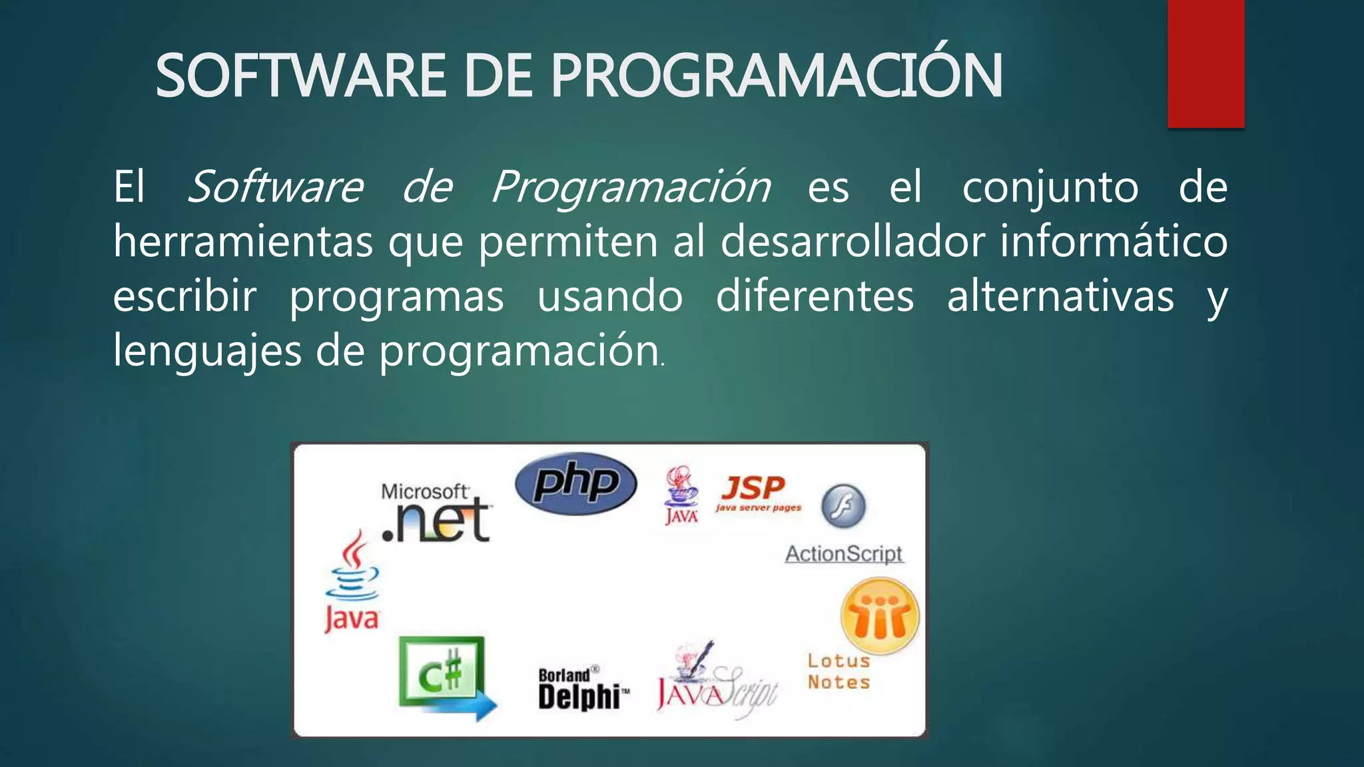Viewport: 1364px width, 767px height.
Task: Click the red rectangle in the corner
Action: [x=1205, y=63]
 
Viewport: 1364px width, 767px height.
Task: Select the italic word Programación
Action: [x=631, y=187]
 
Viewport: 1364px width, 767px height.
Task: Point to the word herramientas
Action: [x=242, y=241]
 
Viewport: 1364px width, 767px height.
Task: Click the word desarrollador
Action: [x=852, y=241]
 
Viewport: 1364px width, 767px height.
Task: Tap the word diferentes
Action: [x=815, y=296]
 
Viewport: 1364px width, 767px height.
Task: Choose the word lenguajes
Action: [x=206, y=351]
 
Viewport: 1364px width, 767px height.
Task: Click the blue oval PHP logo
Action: [x=576, y=483]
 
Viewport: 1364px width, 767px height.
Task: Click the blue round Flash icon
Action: [x=843, y=506]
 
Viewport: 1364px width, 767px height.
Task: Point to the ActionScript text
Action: [x=844, y=553]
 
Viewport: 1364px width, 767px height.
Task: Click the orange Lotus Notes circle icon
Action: [x=880, y=616]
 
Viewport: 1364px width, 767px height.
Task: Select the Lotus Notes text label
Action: [x=839, y=671]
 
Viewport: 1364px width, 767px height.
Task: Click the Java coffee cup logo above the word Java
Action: [x=352, y=566]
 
